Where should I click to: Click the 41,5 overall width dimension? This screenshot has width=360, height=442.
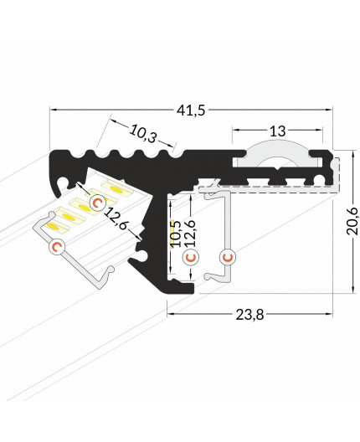tap(192, 99)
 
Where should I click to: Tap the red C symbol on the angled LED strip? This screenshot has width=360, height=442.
tap(97, 202)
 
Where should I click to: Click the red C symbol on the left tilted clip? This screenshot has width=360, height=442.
tap(57, 246)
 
